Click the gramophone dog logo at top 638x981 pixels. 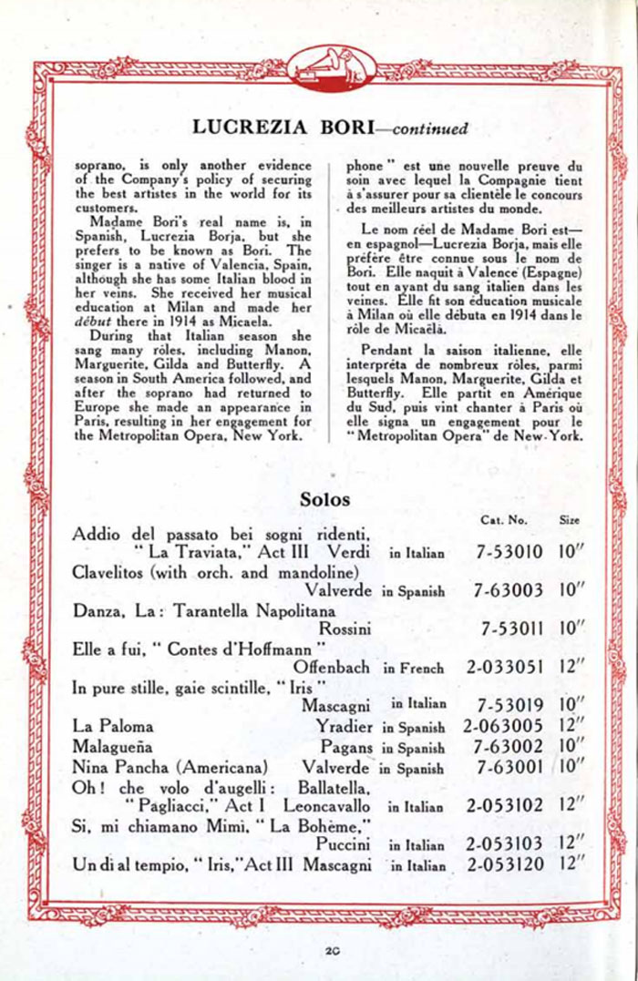point(319,66)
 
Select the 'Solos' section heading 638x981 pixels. point(324,499)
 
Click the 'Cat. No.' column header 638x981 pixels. point(503,520)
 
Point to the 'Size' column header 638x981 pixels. point(569,520)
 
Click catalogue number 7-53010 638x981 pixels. point(509,552)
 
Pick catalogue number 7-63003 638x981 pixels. point(509,590)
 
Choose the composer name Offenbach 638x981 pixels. point(332,667)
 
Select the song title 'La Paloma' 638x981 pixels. point(113,727)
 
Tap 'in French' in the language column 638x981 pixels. point(415,668)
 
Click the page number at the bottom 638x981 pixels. point(331,951)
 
